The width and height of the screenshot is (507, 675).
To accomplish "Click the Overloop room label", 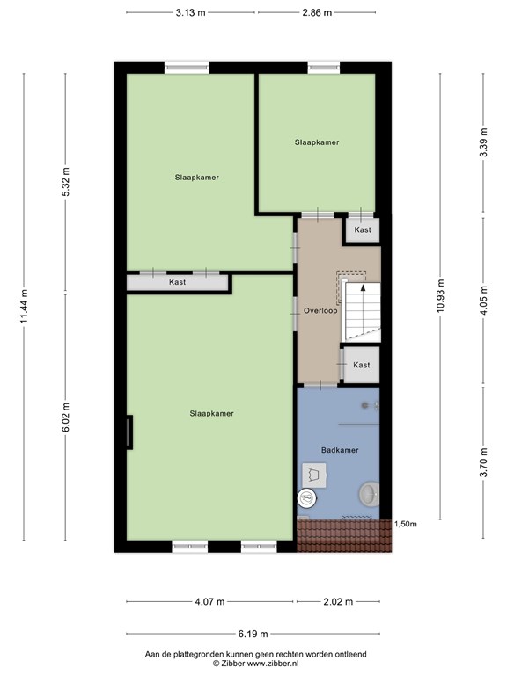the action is tap(320, 310).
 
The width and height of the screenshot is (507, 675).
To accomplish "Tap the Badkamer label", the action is tap(340, 450).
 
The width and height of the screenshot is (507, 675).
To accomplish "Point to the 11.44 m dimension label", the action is tap(25, 306).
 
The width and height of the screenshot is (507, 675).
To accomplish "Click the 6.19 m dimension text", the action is tap(253, 634).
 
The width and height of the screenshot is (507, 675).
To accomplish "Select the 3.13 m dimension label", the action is tap(190, 12).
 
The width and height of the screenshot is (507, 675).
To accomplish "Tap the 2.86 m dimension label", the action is tap(317, 12).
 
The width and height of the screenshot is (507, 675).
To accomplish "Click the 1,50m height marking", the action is tap(406, 524).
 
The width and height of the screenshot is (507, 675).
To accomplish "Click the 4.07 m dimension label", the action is tap(209, 601).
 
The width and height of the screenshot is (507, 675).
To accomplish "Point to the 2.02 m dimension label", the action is tap(338, 601).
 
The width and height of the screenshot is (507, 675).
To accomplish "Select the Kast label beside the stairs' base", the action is tap(361, 365).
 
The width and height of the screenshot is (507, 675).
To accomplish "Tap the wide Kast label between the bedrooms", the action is tap(177, 282).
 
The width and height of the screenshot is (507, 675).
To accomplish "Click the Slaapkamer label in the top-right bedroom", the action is tap(317, 142).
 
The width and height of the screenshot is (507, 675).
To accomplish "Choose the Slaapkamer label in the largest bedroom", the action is tap(211, 413).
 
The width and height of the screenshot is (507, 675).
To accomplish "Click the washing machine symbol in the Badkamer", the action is tap(314, 475).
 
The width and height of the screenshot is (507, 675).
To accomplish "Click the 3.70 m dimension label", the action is tap(484, 462).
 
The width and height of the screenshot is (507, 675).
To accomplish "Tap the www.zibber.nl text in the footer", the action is tap(272, 664).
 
